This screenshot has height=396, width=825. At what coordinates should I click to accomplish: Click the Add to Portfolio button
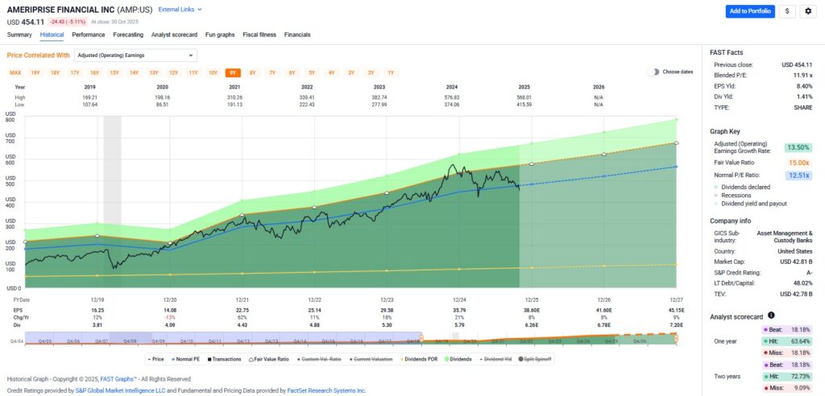point(749,10)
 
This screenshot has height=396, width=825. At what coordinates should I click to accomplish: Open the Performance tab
point(88,35)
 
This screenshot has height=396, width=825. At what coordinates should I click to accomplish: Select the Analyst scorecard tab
point(175,35)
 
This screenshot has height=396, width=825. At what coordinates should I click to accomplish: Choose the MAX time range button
point(15,72)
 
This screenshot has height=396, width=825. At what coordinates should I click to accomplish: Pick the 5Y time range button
point(312,72)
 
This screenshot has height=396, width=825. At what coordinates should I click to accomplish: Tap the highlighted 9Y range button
point(232,72)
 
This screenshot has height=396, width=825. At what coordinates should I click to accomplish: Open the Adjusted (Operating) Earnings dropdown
point(135,56)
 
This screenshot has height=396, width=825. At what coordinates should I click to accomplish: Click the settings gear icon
point(807,10)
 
